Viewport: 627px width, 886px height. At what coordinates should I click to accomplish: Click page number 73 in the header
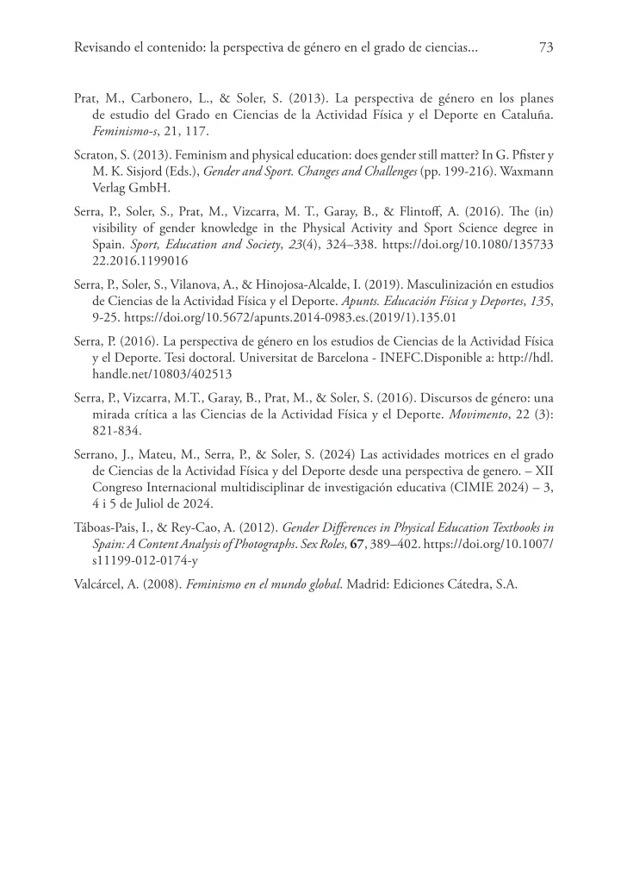(x=545, y=49)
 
